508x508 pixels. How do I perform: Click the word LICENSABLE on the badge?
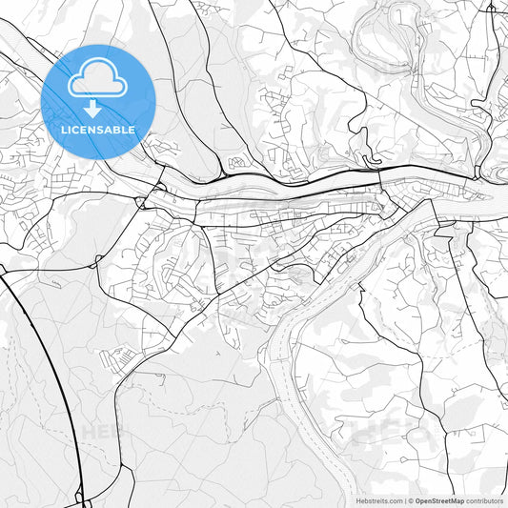click(98, 130)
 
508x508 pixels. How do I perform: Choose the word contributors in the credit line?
click(484, 500)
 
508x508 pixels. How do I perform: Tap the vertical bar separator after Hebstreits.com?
click(404, 500)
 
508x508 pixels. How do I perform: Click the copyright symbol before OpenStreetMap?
click(411, 500)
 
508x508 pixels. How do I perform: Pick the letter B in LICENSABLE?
click(119, 130)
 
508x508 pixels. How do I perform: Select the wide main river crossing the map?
click(286, 190)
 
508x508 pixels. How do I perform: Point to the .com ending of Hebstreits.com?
click(394, 500)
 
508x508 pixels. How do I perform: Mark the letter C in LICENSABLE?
click(75, 130)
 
